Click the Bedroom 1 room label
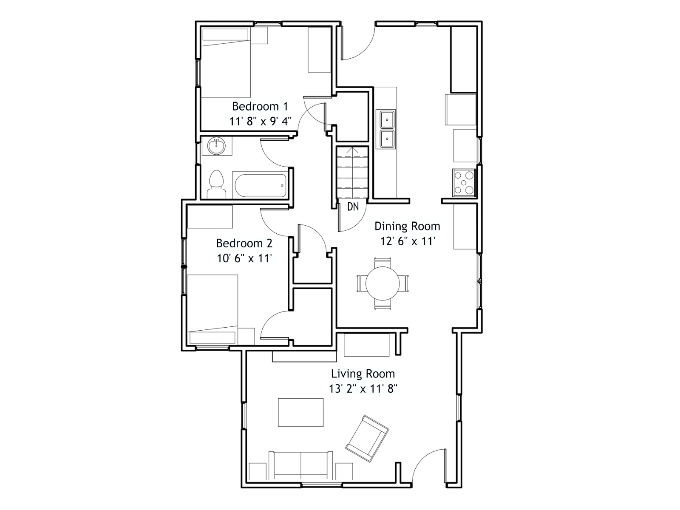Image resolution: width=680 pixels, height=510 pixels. coord(260,107)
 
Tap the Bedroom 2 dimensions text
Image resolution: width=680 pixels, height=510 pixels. coord(244,258)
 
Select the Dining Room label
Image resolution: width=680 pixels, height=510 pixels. coord(407,227)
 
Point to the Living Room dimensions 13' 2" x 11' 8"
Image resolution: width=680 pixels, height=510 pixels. coord(363,388)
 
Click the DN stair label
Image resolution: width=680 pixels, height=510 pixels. coord(353,207)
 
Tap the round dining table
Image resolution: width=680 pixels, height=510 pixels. coord(382,283)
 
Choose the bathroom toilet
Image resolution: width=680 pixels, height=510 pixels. coord(216,184)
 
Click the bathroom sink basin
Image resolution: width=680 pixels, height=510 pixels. coord(217,146)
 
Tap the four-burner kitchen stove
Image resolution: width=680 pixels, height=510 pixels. coord(464,183)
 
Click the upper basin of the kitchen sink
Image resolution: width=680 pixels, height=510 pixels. coord(387,119)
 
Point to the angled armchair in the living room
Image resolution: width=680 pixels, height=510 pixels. coord(367,439)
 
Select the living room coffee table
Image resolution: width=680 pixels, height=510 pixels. coord(300,412)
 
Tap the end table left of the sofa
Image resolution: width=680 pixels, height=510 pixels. coord(258,472)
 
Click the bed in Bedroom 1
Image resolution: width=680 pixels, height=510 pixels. coord(226,62)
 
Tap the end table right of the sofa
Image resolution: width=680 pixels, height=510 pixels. coord(344,472)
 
